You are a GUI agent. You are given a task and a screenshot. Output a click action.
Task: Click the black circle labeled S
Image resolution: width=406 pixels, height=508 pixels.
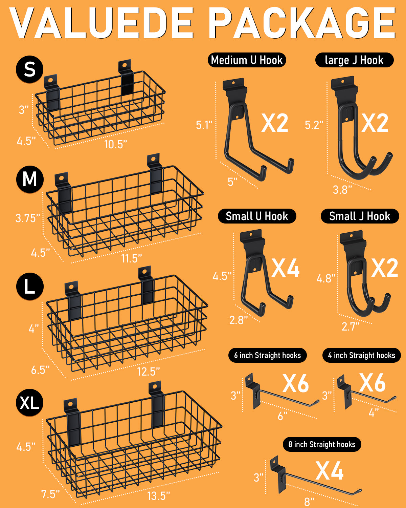[x=29, y=69]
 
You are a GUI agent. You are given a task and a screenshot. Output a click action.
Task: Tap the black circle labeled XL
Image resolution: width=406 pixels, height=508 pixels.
[x=29, y=402]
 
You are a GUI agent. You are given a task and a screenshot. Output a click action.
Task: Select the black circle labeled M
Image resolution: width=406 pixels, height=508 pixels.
[x=30, y=179]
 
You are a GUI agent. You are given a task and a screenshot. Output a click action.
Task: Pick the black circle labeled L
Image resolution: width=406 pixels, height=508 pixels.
[x=30, y=286]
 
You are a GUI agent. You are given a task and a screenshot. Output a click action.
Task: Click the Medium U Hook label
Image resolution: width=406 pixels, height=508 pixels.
[x=247, y=60]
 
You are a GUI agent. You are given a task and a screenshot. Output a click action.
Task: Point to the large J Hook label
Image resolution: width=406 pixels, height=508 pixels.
[x=354, y=60]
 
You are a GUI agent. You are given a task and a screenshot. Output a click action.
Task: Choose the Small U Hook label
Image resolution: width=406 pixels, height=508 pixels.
[x=257, y=216]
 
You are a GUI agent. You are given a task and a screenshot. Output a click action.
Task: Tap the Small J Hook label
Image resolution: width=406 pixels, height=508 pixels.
[x=360, y=216]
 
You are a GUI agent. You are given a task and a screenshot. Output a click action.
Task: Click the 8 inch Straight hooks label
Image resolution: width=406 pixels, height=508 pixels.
[x=322, y=444]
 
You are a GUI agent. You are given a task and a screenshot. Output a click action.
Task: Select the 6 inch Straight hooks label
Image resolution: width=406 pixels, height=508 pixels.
[x=268, y=355]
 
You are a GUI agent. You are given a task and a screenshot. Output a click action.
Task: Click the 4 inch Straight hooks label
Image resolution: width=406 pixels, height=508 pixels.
[x=362, y=355]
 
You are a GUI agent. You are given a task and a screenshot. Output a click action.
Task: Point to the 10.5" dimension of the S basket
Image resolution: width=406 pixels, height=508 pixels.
[x=116, y=144]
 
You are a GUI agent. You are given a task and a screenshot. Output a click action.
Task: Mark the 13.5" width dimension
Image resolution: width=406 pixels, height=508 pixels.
[x=159, y=496]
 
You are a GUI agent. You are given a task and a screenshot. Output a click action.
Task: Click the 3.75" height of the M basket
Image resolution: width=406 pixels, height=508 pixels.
[x=28, y=218]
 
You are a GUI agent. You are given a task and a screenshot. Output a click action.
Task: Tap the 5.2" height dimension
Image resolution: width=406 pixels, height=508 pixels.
[x=314, y=125]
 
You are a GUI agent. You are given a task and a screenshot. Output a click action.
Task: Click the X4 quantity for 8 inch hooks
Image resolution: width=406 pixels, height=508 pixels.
[x=329, y=471]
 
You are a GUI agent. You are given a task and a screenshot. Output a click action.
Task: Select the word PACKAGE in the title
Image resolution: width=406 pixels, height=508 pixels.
[x=302, y=23]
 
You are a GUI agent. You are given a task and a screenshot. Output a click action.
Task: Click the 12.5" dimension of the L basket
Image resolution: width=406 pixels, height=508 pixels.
[x=149, y=372]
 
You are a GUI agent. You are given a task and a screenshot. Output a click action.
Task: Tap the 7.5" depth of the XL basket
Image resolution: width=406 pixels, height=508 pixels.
[x=50, y=494]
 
